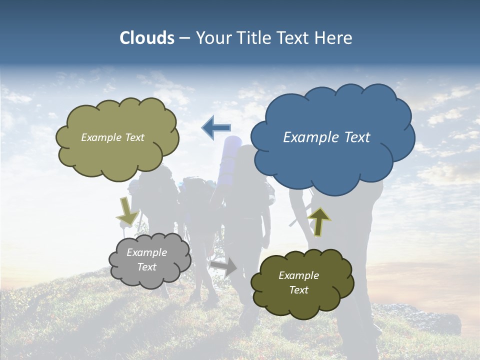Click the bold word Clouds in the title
click(147, 38)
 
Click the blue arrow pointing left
click(216, 128)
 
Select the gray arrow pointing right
click(224, 267)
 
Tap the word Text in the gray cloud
click(147, 267)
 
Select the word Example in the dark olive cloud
click(298, 275)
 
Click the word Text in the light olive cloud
click(134, 137)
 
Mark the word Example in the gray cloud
click(147, 252)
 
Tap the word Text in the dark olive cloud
click(298, 290)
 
